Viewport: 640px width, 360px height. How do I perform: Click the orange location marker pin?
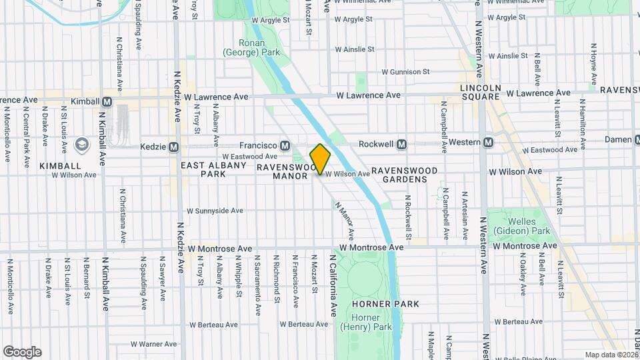point(320,159)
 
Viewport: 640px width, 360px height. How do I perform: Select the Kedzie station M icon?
point(174,147)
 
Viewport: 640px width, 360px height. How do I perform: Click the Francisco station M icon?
point(285,145)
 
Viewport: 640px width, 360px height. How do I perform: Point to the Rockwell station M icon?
point(402,144)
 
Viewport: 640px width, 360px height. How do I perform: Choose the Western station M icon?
point(489,142)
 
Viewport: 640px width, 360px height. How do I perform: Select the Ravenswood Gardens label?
point(405,175)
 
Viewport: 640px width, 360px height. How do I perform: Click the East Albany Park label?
point(208,169)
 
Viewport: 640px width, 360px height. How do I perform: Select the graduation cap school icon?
point(81,145)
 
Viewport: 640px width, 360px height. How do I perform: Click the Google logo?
point(22,352)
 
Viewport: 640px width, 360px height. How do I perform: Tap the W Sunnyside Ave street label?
point(215,211)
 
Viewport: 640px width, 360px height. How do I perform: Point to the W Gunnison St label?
point(405,72)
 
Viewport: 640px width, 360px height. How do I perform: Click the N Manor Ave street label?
point(345,221)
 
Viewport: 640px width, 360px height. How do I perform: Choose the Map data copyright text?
point(611,355)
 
